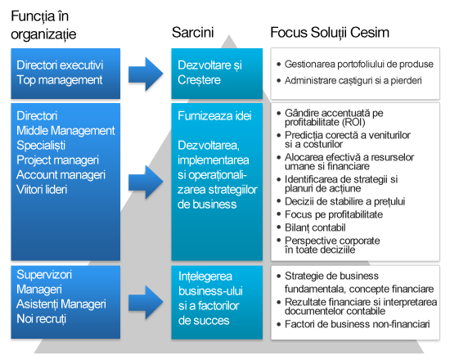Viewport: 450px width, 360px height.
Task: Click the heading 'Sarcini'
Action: tap(193, 33)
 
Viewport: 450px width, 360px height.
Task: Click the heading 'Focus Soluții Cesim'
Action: tap(330, 33)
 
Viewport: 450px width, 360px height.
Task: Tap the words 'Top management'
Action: tap(59, 79)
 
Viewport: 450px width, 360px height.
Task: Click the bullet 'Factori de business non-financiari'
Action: tap(357, 325)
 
